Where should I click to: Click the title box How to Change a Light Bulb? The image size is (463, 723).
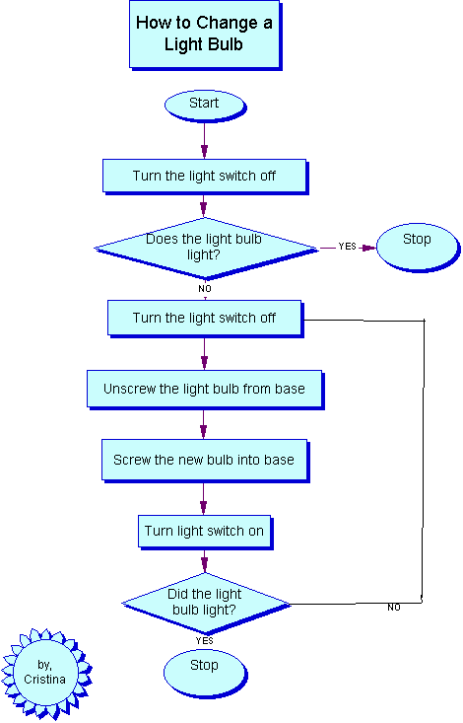coord(205,36)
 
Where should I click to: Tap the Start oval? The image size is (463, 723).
coord(205,107)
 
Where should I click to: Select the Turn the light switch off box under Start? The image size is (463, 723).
coord(205,177)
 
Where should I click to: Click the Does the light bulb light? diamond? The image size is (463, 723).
coord(205,249)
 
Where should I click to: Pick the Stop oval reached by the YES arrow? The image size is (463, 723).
coord(418,248)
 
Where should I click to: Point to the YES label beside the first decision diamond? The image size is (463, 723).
coord(348,247)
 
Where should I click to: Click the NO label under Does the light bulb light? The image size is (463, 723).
coord(205,289)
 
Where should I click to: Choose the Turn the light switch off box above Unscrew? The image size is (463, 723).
coord(205,319)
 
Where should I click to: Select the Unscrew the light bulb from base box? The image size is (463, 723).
coord(205,390)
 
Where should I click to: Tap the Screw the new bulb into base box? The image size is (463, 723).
coord(205,461)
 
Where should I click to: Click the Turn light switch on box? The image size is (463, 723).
coord(205,532)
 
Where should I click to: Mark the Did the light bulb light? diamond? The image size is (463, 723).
coord(206,603)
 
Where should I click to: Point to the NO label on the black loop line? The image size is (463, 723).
coord(394,608)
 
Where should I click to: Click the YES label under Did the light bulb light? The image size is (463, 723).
coord(205,641)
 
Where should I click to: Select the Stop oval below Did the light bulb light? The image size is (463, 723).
coord(205,674)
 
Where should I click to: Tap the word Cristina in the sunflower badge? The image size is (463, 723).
coord(44,680)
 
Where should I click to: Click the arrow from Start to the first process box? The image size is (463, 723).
coord(204,141)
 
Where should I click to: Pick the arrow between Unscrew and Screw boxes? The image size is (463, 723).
coord(204,424)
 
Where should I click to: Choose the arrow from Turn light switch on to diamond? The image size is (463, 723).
coord(205,560)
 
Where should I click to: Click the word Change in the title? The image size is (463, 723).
coord(228,24)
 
